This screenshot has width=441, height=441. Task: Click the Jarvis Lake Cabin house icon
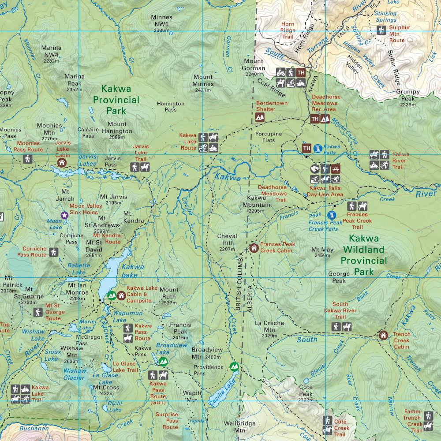point(62,163)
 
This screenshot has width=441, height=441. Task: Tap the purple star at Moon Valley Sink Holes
point(64,215)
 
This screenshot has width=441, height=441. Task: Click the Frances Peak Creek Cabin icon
point(254,248)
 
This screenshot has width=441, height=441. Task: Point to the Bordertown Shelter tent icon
point(260,117)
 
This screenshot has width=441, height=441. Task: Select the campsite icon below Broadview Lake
point(163,362)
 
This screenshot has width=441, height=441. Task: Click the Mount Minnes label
point(203,81)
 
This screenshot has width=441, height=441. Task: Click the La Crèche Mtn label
point(269,326)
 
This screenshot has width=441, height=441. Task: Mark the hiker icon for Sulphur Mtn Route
point(381,30)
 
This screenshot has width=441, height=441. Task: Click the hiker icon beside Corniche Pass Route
point(54,252)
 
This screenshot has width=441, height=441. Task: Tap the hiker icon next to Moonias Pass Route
point(28,159)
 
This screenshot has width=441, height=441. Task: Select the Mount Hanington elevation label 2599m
point(117,138)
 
